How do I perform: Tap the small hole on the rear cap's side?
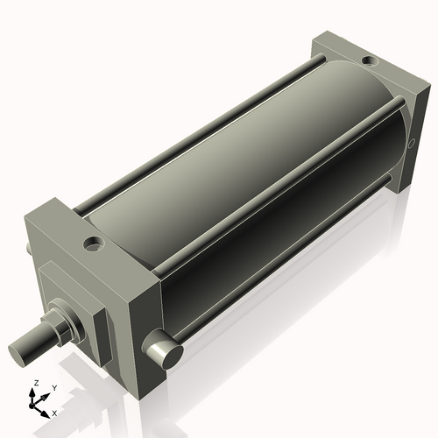(x=409, y=143)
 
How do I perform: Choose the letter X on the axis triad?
(x=56, y=412)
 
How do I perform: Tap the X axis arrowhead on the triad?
(x=48, y=411)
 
